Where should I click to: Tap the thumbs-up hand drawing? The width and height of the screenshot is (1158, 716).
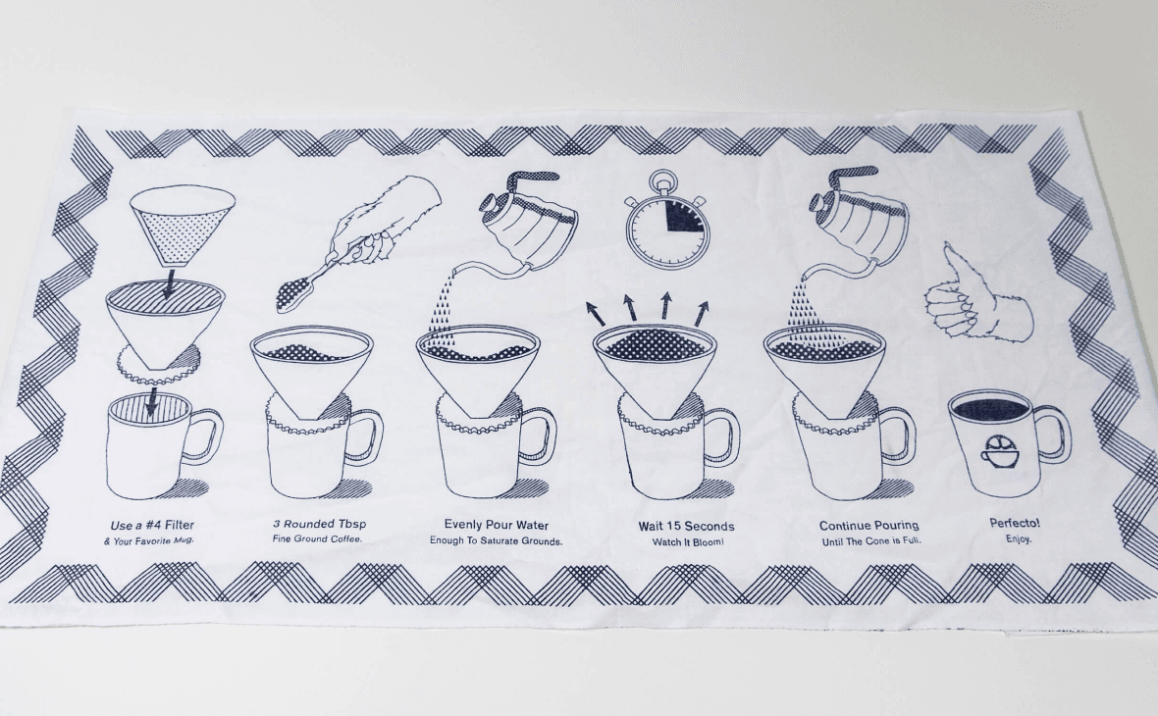click(974, 295)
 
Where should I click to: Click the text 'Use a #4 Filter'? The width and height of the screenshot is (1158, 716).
click(152, 526)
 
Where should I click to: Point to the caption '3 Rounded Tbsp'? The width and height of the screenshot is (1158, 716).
click(319, 524)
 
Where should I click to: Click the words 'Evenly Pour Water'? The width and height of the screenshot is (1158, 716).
click(497, 525)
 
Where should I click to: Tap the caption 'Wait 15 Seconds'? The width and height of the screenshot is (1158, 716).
click(687, 527)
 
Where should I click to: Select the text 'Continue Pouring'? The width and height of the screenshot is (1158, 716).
click(869, 526)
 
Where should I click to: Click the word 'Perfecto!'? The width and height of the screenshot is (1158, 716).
click(1015, 524)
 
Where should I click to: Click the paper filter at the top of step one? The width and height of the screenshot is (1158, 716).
click(183, 226)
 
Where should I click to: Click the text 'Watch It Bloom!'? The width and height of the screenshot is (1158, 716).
click(687, 542)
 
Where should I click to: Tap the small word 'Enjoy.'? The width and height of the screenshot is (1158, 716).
click(1019, 539)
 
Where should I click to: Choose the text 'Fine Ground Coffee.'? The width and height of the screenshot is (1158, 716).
click(318, 539)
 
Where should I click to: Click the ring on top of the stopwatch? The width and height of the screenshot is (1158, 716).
click(661, 179)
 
